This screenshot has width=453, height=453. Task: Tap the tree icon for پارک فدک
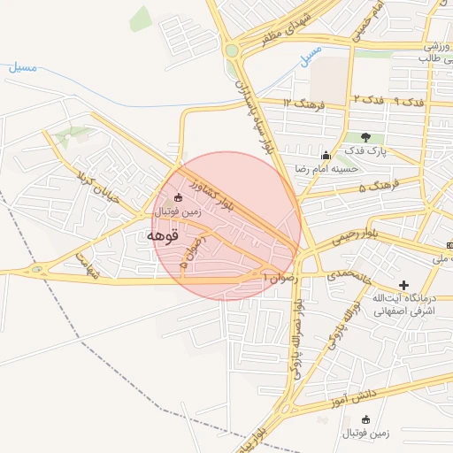click(365, 137)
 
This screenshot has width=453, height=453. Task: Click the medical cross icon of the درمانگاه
click(403, 286)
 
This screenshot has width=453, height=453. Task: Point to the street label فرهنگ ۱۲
click(304, 104)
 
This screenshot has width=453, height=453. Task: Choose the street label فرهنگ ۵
click(375, 187)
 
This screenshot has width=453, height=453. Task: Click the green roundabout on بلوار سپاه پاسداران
click(232, 50)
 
